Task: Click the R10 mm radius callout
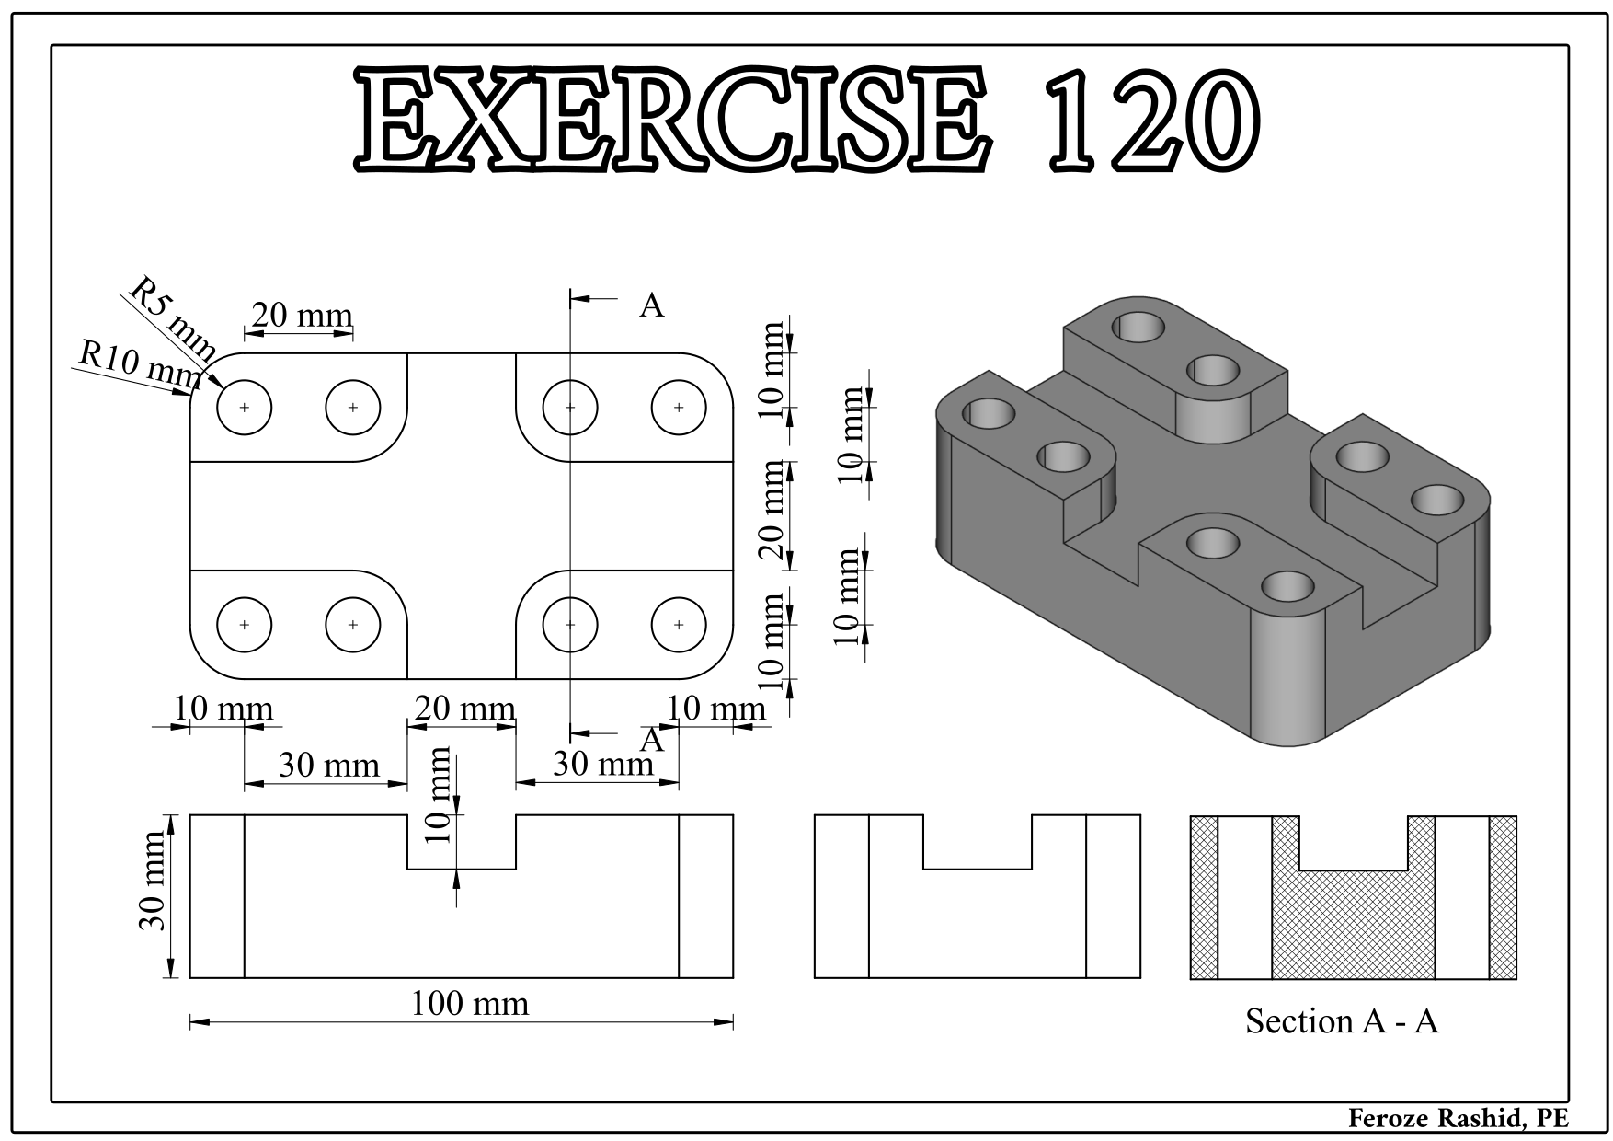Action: click(x=139, y=364)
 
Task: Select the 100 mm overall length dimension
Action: click(x=470, y=1004)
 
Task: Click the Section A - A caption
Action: click(x=1342, y=1020)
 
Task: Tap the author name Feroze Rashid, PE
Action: click(x=1458, y=1118)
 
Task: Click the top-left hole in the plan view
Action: click(x=245, y=407)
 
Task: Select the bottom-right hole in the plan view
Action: click(x=679, y=625)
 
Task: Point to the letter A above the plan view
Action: click(x=651, y=305)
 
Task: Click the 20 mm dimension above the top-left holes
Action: click(x=302, y=317)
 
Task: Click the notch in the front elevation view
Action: click(x=462, y=841)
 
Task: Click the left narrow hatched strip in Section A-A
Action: click(x=1204, y=896)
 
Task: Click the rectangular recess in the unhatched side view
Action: click(x=977, y=841)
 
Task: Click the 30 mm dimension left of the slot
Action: click(x=328, y=766)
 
